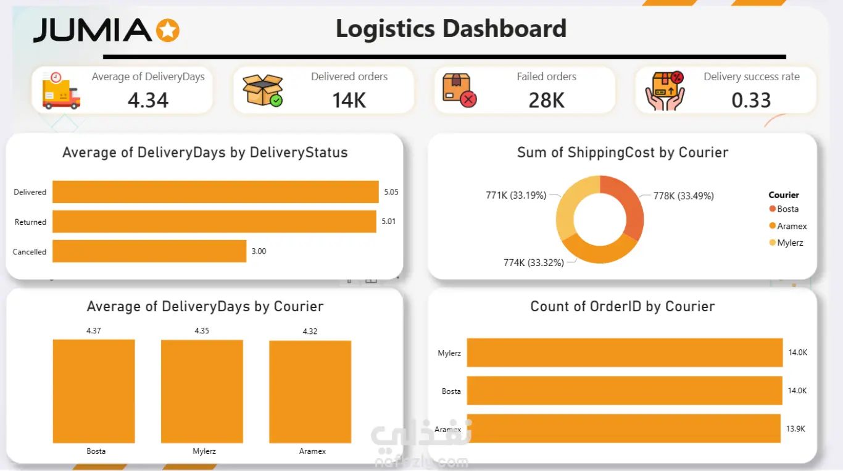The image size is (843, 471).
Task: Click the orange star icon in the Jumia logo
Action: pyautogui.click(x=168, y=30)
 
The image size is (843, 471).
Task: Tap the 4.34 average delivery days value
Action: pyautogui.click(x=148, y=100)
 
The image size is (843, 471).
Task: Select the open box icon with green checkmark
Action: pyautogui.click(x=263, y=90)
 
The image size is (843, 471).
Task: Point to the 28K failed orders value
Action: pyautogui.click(x=546, y=101)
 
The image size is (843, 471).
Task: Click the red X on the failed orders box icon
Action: pyautogui.click(x=468, y=100)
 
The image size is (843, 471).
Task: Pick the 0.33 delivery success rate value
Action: pyautogui.click(x=751, y=101)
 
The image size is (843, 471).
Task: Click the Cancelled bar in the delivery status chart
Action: pyautogui.click(x=149, y=251)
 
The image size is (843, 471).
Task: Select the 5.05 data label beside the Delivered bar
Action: pyautogui.click(x=391, y=192)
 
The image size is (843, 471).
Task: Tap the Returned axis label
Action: pyautogui.click(x=30, y=222)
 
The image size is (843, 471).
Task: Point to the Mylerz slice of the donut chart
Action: pyautogui.click(x=572, y=203)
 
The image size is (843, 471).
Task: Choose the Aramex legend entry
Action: pyautogui.click(x=788, y=226)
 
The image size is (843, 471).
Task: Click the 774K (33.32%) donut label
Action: pyautogui.click(x=534, y=263)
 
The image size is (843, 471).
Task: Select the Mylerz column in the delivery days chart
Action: pyautogui.click(x=202, y=391)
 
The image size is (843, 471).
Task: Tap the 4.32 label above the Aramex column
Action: pyautogui.click(x=310, y=331)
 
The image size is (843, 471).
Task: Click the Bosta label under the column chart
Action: pyautogui.click(x=96, y=451)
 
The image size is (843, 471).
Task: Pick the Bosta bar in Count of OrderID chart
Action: pyautogui.click(x=625, y=390)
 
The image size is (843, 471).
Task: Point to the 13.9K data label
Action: pyautogui.click(x=795, y=429)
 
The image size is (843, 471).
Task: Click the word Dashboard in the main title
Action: pyautogui.click(x=504, y=28)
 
